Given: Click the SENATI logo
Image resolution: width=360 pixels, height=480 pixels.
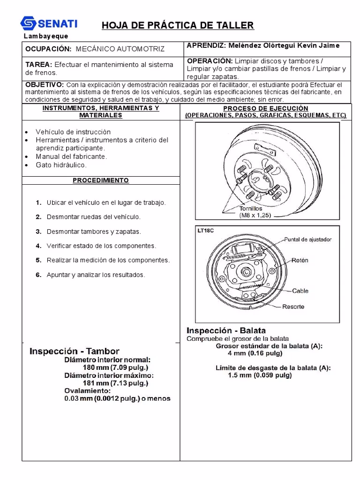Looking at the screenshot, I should [49, 23].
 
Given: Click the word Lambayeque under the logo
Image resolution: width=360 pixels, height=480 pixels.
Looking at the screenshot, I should [46, 36].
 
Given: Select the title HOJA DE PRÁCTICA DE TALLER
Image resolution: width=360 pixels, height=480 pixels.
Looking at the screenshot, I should [178, 25].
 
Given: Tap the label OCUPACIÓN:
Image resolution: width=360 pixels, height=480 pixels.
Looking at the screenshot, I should [48, 49].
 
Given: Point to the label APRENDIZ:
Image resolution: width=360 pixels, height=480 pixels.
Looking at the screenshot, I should [205, 45].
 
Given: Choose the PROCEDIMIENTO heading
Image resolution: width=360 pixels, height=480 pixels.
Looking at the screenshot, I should [100, 180].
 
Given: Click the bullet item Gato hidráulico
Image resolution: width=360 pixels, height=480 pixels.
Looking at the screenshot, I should [61, 165].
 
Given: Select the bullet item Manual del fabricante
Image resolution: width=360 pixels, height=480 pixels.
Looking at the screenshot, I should [71, 157].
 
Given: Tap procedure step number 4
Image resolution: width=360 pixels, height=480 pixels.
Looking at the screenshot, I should [38, 246].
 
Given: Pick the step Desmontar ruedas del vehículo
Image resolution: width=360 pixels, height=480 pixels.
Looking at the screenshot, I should [93, 217].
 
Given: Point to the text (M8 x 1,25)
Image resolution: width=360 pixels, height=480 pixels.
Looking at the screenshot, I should [255, 216].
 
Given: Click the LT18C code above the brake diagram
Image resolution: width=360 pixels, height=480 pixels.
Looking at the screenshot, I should [206, 230].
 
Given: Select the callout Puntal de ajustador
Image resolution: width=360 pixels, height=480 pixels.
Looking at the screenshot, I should [308, 239].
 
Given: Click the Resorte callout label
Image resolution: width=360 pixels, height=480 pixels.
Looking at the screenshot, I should [293, 307].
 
